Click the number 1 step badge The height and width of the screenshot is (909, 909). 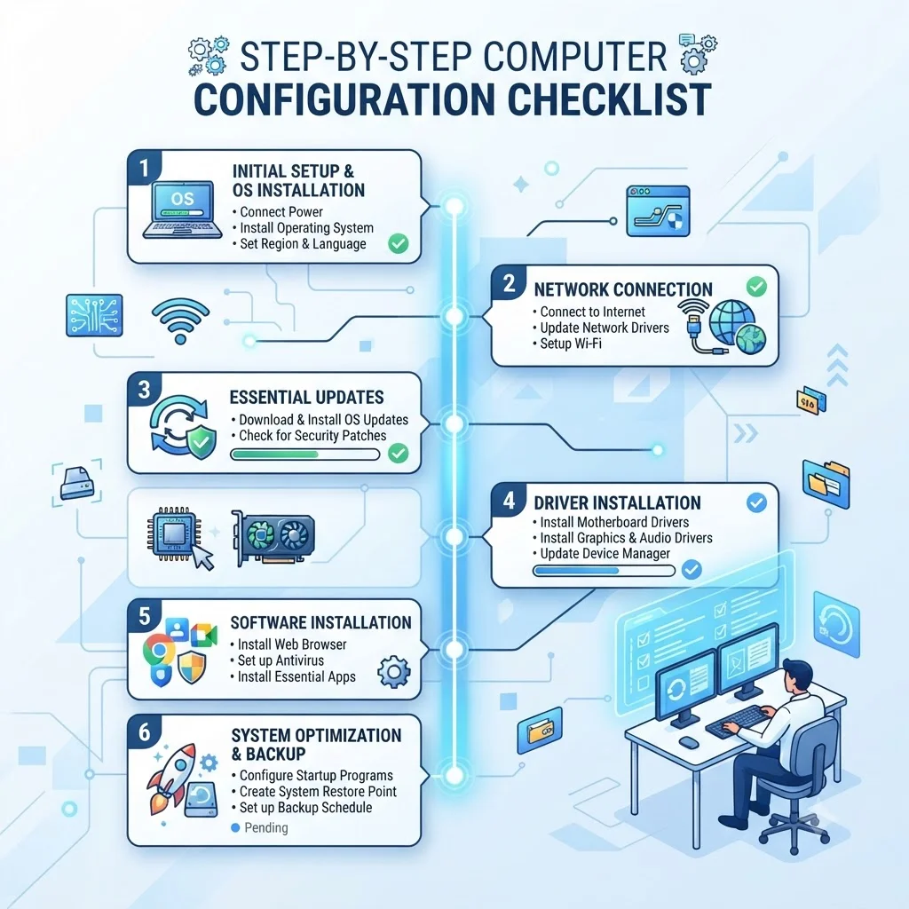tap(144, 168)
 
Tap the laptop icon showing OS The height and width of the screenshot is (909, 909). tap(183, 210)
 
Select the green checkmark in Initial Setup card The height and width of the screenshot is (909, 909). tap(399, 243)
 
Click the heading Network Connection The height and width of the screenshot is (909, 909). tap(623, 289)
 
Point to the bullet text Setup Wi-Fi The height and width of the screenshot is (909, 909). tap(571, 344)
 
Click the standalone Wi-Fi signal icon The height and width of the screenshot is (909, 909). tap(180, 320)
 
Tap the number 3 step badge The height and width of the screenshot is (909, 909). tap(144, 390)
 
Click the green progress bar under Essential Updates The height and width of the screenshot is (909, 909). tap(305, 454)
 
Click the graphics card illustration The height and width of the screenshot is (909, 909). tap(273, 538)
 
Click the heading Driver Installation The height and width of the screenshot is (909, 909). tap(618, 502)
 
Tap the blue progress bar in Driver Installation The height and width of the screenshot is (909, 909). tap(604, 571)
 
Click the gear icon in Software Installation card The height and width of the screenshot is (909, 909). tap(393, 672)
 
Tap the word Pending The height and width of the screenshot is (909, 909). tap(266, 828)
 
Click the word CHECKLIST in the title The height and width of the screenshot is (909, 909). tap(610, 99)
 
